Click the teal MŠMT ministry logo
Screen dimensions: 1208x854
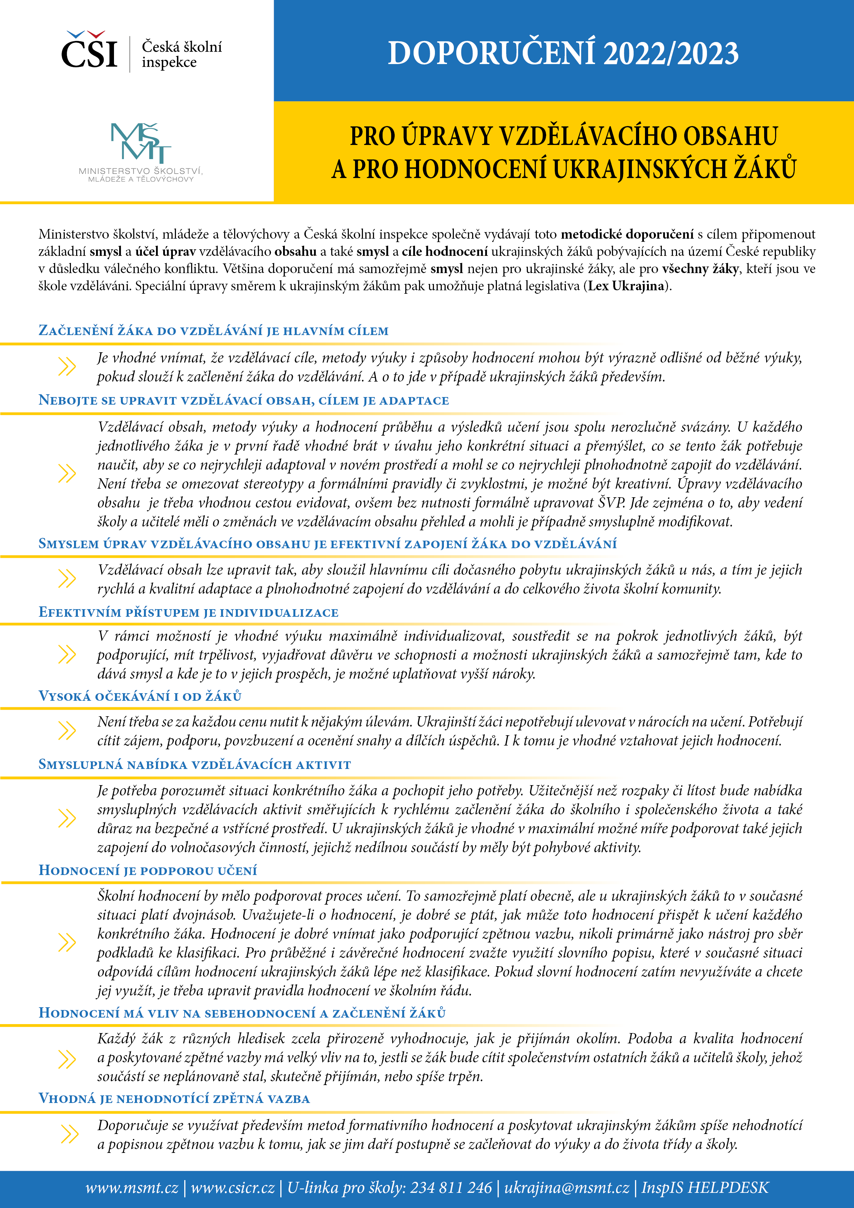click(x=140, y=143)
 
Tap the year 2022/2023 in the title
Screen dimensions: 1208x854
click(x=671, y=54)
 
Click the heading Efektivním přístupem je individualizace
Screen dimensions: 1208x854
click(x=188, y=612)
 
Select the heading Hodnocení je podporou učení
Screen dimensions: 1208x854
click(x=148, y=870)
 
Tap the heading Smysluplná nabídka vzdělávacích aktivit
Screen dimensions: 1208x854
click(x=195, y=764)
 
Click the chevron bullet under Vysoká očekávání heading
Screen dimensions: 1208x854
click(x=67, y=730)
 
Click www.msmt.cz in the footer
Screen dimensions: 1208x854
click(x=132, y=1187)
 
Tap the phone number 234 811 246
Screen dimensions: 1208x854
click(x=451, y=1187)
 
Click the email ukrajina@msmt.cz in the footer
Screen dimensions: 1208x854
click(x=567, y=1187)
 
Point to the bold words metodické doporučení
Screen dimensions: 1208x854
click(x=627, y=234)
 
